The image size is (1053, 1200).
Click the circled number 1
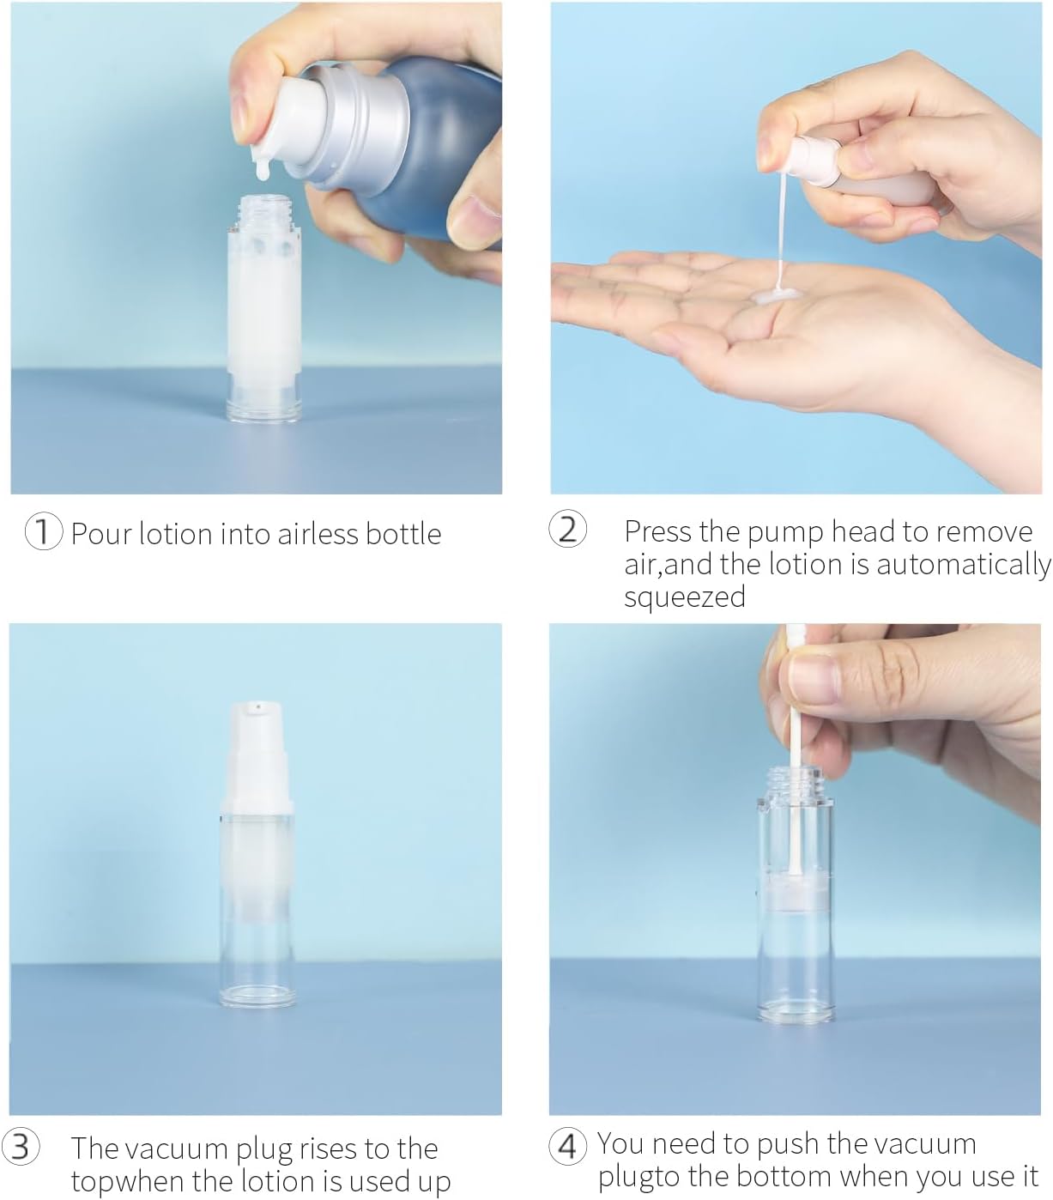43,532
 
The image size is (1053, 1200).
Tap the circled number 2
568,530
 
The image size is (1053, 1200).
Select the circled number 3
21,1147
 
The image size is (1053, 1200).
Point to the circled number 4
568,1144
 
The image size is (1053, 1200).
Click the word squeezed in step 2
685,597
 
